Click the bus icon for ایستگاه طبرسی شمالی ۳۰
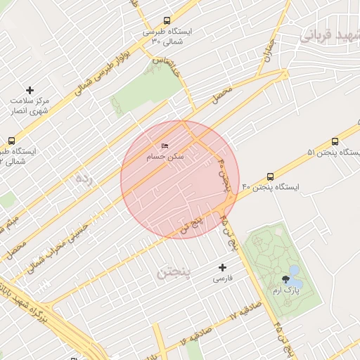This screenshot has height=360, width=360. (x=167, y=21)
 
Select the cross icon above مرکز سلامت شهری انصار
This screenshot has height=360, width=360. (x=30, y=90)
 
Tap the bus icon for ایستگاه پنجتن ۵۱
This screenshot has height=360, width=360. (x=335, y=141)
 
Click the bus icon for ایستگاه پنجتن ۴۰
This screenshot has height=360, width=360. (x=271, y=177)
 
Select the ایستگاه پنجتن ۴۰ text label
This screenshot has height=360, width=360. (x=271, y=188)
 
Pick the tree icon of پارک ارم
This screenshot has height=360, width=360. (x=285, y=279)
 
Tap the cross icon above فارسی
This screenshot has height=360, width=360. (x=223, y=267)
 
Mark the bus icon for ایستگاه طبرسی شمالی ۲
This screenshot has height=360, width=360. (x=11, y=141)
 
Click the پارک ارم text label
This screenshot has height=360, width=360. (x=286, y=290)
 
